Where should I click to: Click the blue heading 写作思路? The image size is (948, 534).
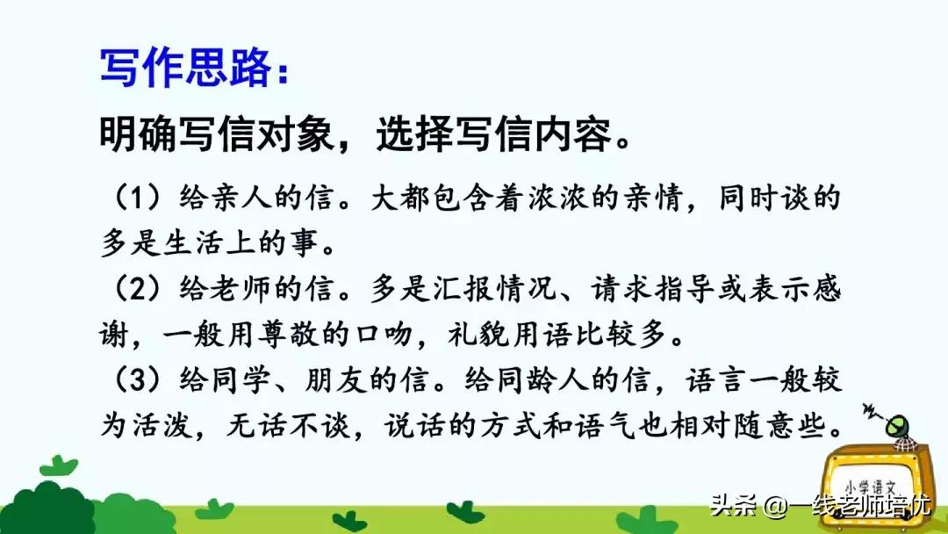184,67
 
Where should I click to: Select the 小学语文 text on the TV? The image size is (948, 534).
873,483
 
